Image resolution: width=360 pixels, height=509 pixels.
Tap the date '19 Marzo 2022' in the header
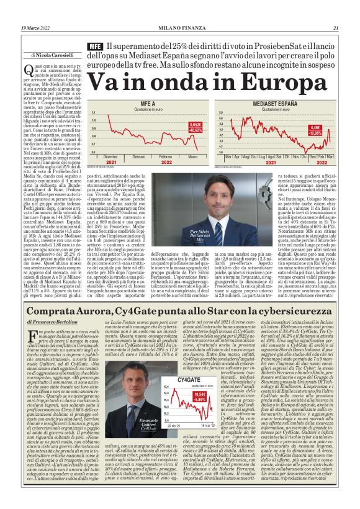pos(37,28)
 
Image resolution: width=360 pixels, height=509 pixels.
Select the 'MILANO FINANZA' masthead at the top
pos(179,28)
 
